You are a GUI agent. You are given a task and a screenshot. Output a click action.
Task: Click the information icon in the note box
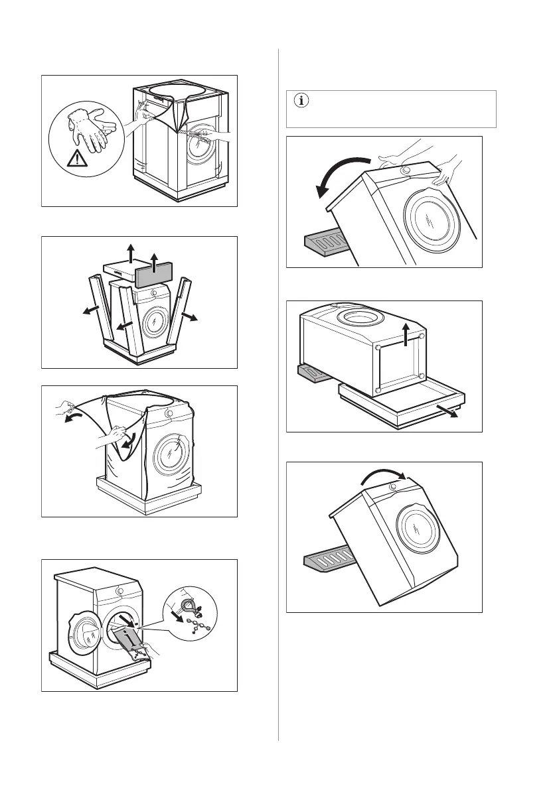point(302,101)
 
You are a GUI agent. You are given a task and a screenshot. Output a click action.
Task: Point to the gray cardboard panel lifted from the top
point(155,273)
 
